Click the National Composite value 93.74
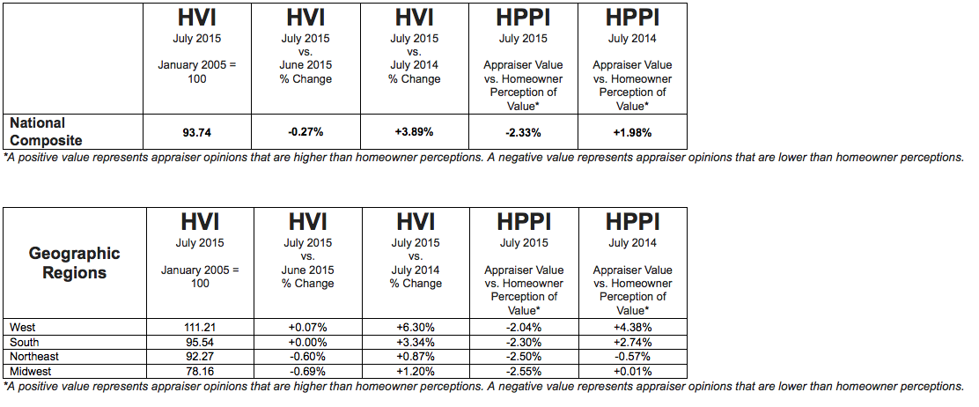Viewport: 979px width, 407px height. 196,132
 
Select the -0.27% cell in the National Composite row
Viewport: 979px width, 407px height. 305,132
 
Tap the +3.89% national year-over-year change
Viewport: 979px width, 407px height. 415,132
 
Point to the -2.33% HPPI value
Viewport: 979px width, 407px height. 523,132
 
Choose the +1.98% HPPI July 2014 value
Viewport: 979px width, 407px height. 632,132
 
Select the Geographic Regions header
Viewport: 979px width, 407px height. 74,263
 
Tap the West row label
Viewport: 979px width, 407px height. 23,328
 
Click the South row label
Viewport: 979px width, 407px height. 25,342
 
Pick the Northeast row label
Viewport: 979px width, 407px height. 34,357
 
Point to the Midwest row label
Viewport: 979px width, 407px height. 31,372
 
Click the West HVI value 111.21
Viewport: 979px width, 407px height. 200,328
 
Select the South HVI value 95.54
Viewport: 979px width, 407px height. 200,342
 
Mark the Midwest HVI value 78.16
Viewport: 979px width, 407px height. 200,372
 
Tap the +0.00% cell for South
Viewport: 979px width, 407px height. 307,342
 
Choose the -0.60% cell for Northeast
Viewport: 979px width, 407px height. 307,357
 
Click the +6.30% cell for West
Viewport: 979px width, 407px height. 416,328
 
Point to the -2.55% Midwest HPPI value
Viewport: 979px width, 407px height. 525,372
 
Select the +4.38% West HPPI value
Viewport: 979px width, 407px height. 633,328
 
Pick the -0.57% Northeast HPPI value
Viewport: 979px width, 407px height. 633,357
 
